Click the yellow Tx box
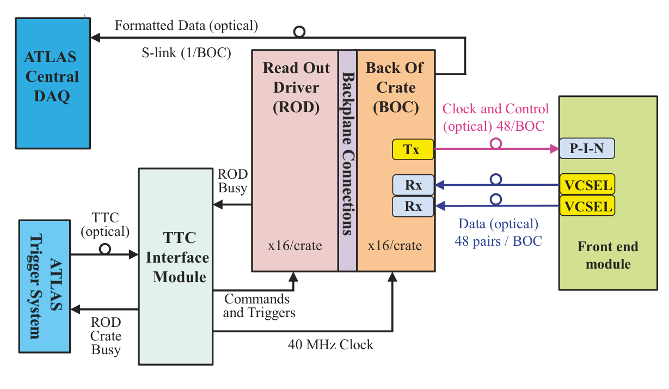click(413, 149)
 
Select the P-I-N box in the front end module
click(587, 148)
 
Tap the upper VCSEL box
click(587, 184)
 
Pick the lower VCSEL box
click(587, 206)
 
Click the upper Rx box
click(413, 185)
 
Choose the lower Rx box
click(413, 206)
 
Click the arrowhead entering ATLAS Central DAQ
click(95, 38)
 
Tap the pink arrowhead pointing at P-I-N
click(554, 149)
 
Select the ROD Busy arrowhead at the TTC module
click(218, 205)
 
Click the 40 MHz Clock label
click(330, 344)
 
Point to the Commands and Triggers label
click(259, 306)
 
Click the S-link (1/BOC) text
click(186, 53)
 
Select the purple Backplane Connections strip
click(347, 161)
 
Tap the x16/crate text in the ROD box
click(295, 246)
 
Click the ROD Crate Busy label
click(106, 336)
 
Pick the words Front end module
click(608, 255)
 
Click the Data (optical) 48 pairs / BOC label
click(498, 233)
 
